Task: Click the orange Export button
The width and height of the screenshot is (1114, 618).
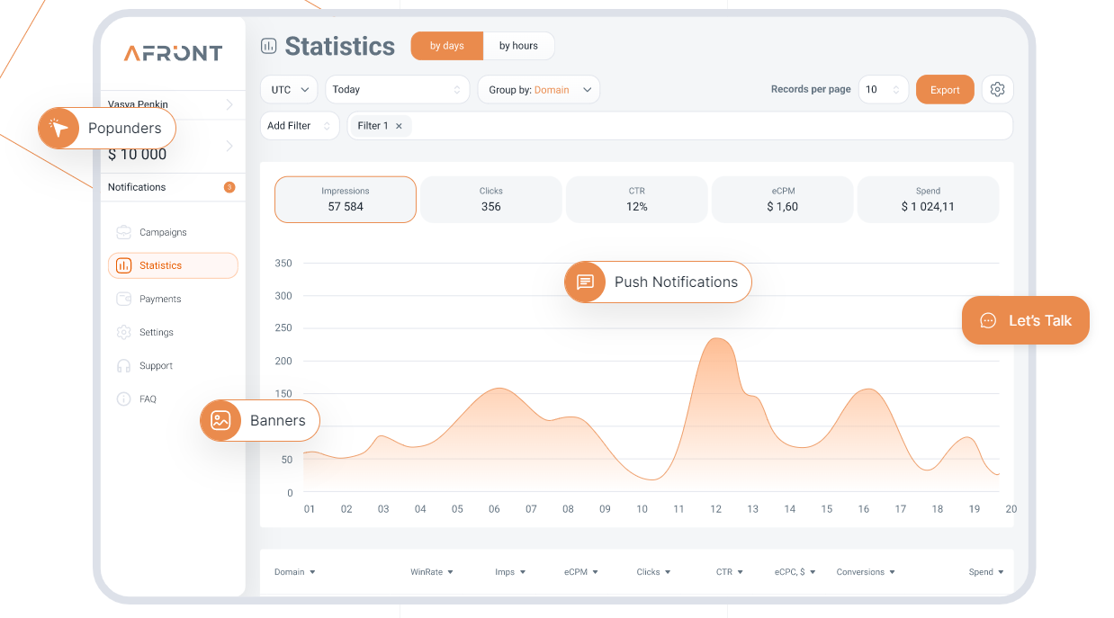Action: tap(945, 90)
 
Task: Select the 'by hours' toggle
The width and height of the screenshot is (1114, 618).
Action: tap(518, 46)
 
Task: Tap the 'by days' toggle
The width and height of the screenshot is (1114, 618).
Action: tap(447, 46)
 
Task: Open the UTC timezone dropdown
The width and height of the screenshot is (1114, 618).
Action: tap(289, 90)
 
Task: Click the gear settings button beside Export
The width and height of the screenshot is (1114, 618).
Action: tap(997, 90)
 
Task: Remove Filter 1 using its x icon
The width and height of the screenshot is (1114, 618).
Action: tap(399, 126)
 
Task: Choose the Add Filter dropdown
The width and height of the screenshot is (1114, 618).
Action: tap(299, 126)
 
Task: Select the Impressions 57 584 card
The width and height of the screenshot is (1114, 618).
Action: tap(346, 199)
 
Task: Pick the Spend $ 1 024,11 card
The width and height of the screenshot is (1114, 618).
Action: tap(928, 199)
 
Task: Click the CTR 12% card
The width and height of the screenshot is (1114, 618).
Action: tap(637, 199)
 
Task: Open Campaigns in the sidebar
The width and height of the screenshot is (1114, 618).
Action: tap(163, 232)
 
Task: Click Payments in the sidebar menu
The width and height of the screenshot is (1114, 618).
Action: tap(160, 299)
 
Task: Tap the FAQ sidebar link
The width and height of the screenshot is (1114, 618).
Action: tap(148, 399)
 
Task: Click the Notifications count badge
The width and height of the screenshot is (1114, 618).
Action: tap(229, 187)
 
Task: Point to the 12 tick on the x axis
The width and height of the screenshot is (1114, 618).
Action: tap(716, 509)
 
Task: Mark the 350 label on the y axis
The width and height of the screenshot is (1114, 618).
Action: tap(283, 264)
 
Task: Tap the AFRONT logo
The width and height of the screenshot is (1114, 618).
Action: tap(173, 53)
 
